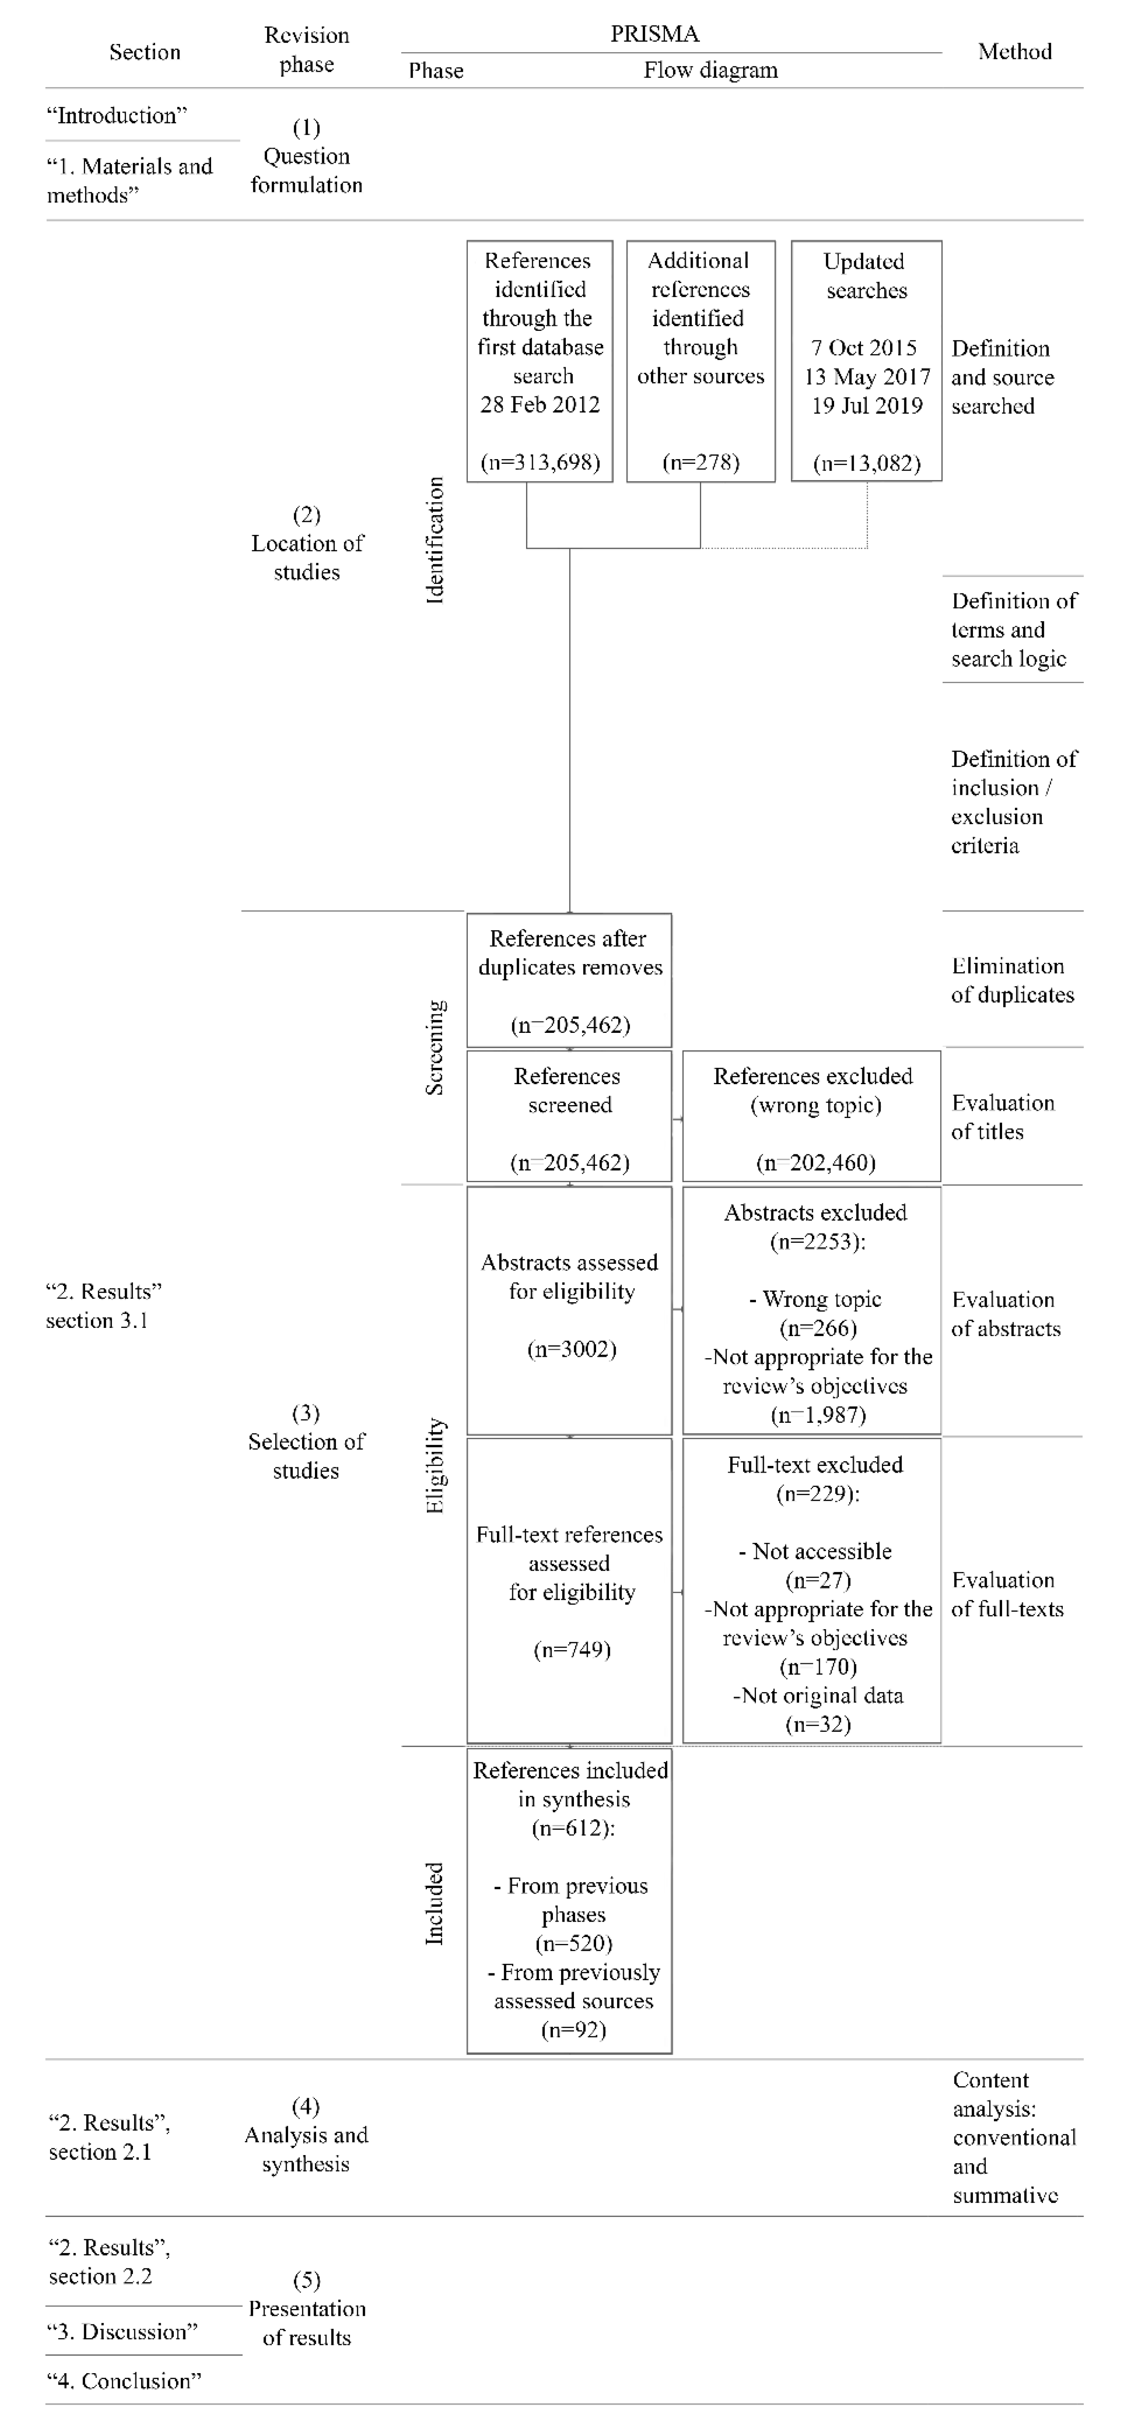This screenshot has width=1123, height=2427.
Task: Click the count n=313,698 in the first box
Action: [540, 463]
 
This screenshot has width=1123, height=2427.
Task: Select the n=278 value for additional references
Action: [700, 463]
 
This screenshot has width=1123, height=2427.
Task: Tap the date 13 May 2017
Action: [867, 377]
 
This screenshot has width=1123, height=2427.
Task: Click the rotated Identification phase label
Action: [434, 540]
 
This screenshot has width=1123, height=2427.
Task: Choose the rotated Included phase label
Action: [434, 1903]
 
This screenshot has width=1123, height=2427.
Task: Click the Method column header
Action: [1014, 52]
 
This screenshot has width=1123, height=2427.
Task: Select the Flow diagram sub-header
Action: [710, 71]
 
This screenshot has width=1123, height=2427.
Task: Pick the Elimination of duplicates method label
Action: [1012, 981]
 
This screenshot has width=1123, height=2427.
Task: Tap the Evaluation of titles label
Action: [1002, 1118]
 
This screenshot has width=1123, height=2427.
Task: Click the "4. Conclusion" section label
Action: [124, 2381]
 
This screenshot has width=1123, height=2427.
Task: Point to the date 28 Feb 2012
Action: [540, 405]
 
